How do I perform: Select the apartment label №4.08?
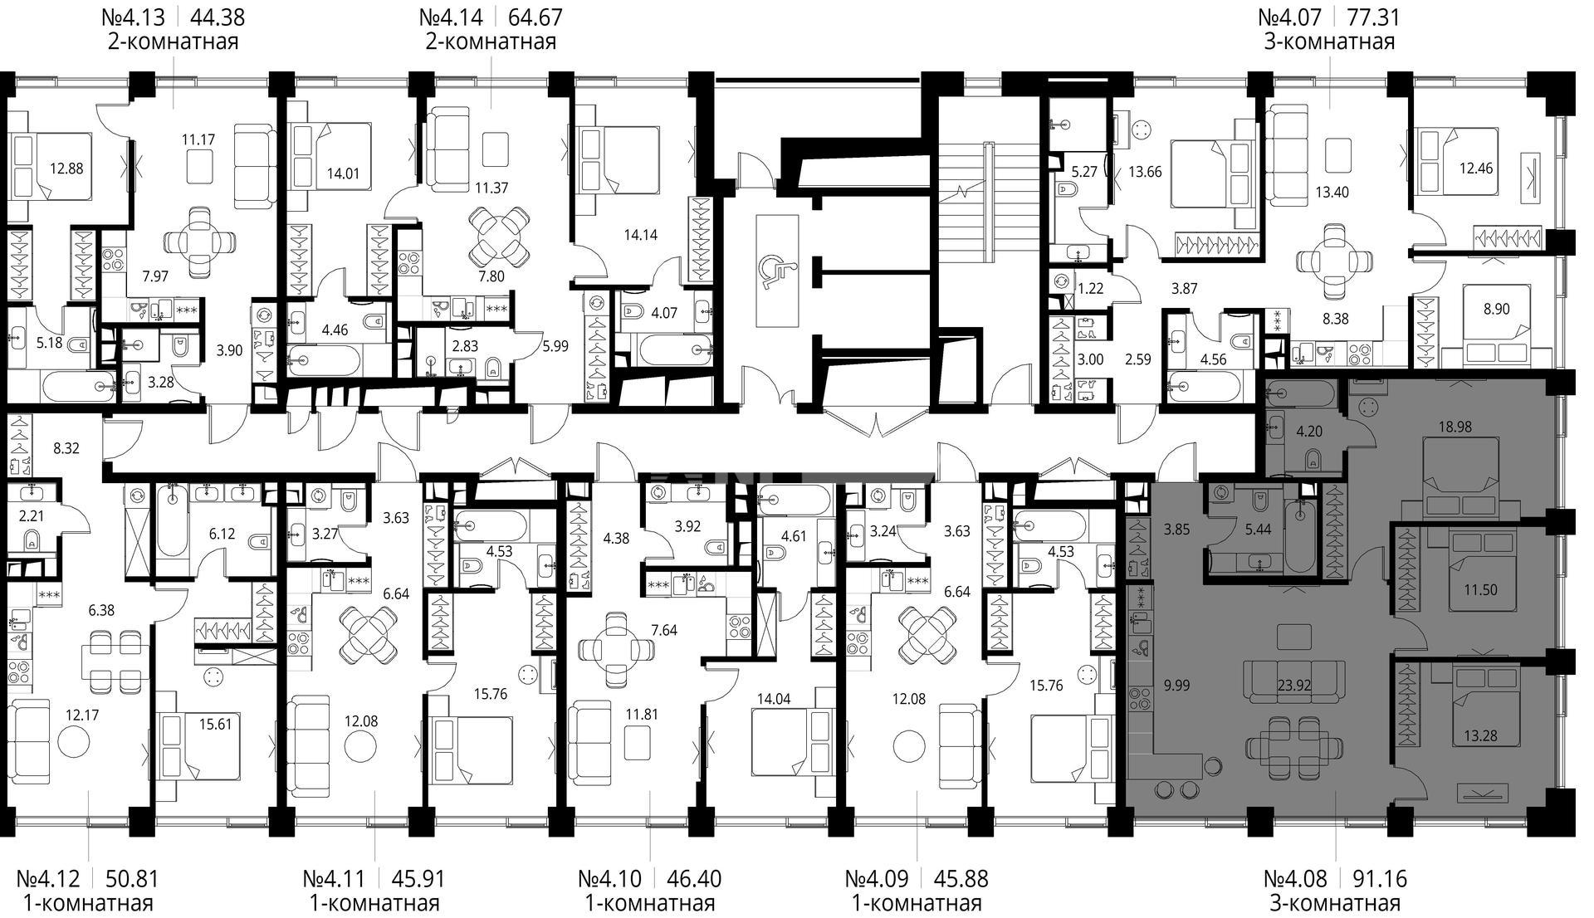point(1295,878)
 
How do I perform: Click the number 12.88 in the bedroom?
point(66,168)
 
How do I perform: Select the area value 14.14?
point(640,235)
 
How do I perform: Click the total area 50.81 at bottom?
point(133,878)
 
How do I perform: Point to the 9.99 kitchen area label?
point(1176,686)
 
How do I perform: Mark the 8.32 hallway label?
point(66,449)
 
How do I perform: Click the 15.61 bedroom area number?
point(216,724)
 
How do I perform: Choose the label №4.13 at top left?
point(133,17)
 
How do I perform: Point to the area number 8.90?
point(1495,309)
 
